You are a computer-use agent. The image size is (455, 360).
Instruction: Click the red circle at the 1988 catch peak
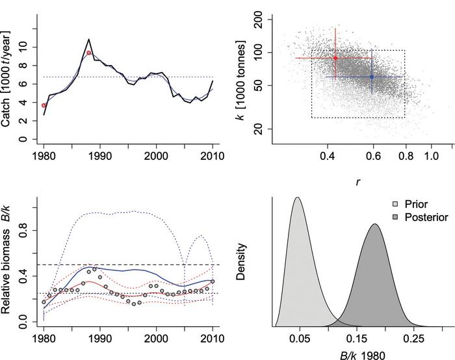tap(88, 53)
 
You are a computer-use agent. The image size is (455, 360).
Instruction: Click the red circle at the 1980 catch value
tap(44, 105)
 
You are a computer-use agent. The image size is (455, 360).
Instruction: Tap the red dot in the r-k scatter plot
tap(335, 58)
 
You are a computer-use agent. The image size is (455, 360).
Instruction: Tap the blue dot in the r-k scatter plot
tap(372, 77)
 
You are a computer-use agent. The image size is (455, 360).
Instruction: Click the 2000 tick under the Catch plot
tap(156, 156)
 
